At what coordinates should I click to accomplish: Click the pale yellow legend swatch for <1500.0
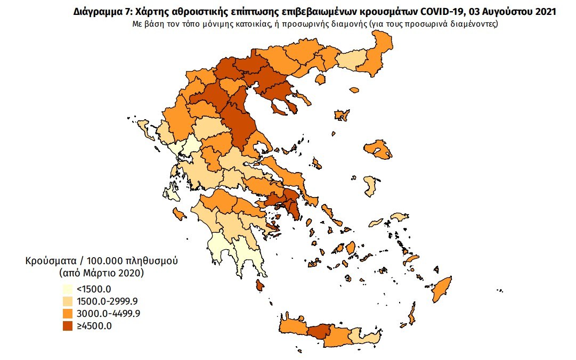67,290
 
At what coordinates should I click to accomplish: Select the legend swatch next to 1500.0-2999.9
67,301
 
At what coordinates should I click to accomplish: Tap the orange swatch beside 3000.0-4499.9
67,313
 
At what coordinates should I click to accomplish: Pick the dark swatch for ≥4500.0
67,325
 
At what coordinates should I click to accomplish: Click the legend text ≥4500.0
93,325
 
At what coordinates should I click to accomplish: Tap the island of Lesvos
379,150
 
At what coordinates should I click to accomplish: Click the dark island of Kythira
259,285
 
